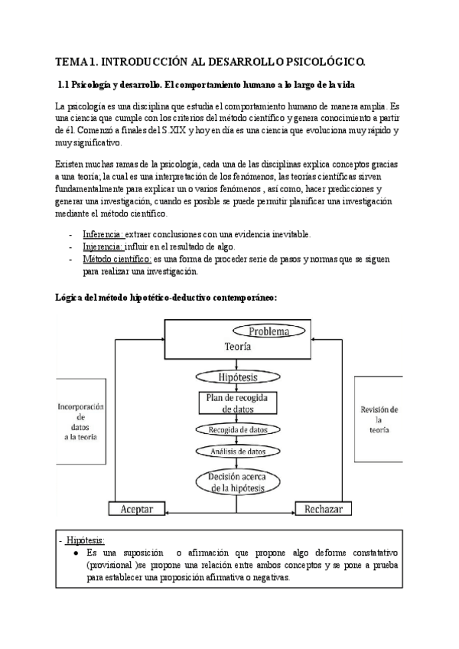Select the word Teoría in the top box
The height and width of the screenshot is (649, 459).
pyautogui.click(x=239, y=346)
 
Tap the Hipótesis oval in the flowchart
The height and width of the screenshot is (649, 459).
pyautogui.click(x=237, y=378)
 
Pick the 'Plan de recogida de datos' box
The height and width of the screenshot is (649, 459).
pyautogui.click(x=237, y=404)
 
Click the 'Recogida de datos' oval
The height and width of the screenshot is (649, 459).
pyautogui.click(x=237, y=431)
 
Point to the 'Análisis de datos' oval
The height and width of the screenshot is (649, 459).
pyautogui.click(x=237, y=452)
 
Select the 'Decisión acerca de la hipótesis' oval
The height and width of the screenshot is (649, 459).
pyautogui.click(x=237, y=483)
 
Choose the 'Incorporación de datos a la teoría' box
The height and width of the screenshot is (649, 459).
pyautogui.click(x=80, y=420)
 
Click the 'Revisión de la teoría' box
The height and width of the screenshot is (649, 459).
pyautogui.click(x=379, y=420)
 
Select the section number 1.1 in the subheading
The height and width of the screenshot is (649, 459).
pyautogui.click(x=64, y=83)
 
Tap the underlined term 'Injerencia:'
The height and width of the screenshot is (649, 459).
pyautogui.click(x=103, y=246)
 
